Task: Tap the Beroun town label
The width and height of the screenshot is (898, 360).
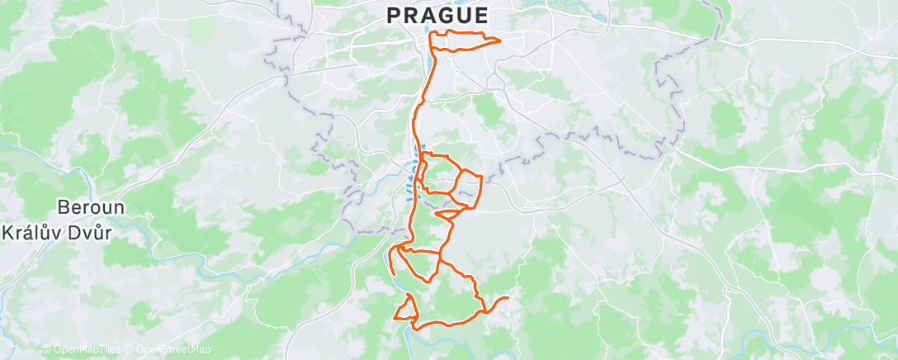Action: pyautogui.click(x=91, y=207)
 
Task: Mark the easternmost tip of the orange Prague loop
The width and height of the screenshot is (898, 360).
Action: pyautogui.click(x=501, y=40)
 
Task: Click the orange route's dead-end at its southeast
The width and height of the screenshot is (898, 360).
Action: pyautogui.click(x=507, y=298)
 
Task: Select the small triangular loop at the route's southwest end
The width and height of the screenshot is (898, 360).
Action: pyautogui.click(x=406, y=310)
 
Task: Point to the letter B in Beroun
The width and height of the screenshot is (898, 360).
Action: pyautogui.click(x=63, y=207)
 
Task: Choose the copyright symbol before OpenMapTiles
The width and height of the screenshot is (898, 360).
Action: pyautogui.click(x=45, y=349)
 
